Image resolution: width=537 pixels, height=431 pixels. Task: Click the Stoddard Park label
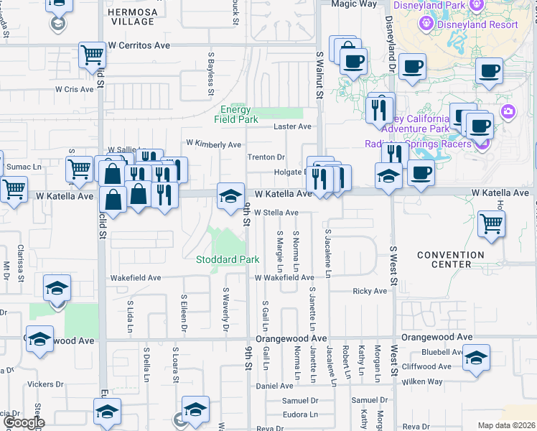click(228, 259)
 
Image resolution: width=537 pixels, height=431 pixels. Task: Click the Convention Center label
click(451, 259)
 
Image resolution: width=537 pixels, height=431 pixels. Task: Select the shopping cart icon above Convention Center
click(491, 223)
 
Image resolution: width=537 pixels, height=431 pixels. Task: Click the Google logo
click(24, 422)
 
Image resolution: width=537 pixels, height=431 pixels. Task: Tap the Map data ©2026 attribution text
click(505, 425)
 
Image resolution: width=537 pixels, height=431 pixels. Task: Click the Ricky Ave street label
click(370, 291)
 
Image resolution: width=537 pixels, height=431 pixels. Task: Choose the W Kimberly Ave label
click(213, 144)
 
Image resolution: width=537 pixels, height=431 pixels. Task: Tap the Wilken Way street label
click(423, 381)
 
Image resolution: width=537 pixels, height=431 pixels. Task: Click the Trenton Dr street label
click(266, 157)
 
